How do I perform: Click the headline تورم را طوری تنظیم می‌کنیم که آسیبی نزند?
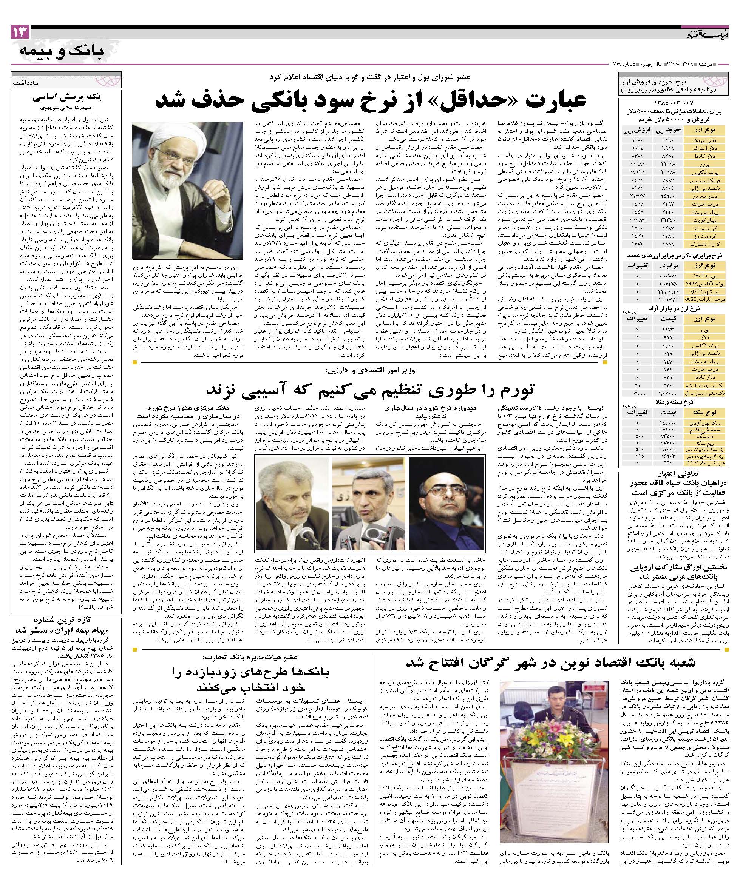click(370, 387)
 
